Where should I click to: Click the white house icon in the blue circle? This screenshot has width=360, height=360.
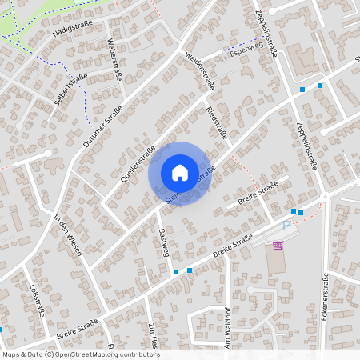pyautogui.click(x=180, y=173)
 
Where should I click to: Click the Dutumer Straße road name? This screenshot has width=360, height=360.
pyautogui.click(x=102, y=126)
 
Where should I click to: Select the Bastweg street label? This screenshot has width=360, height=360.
pyautogui.click(x=166, y=241)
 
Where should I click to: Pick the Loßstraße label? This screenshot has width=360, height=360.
pyautogui.click(x=37, y=299)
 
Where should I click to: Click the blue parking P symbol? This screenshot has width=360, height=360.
pyautogui.click(x=286, y=227)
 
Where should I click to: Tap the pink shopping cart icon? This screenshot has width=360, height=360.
pyautogui.click(x=278, y=246)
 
